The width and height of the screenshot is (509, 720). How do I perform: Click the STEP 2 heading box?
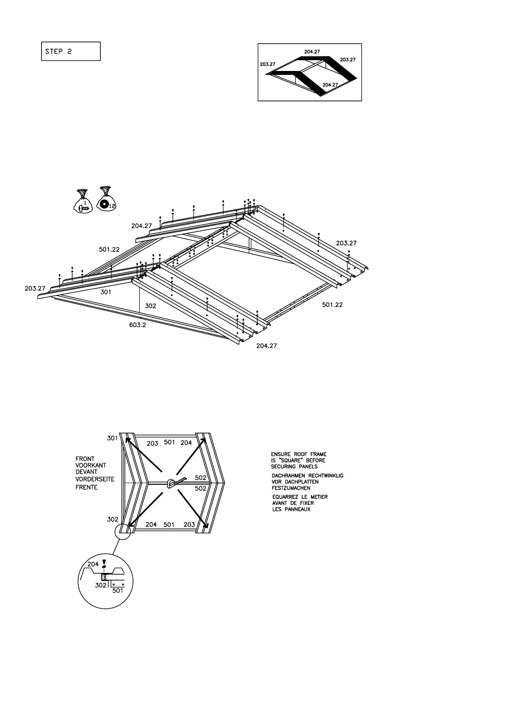(71, 51)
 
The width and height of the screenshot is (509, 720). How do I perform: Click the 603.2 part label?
(138, 325)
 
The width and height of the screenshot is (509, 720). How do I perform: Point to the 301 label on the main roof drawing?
(106, 292)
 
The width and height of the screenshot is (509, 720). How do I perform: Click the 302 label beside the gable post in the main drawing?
(150, 306)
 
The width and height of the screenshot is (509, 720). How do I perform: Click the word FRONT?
(85, 459)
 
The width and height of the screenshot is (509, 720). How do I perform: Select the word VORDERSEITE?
(95, 479)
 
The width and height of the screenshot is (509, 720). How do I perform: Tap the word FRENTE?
(86, 487)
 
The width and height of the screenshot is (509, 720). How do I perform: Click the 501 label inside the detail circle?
(118, 590)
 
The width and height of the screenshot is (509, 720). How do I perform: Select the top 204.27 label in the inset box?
(312, 51)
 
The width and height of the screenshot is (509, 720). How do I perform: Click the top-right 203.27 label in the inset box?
(347, 60)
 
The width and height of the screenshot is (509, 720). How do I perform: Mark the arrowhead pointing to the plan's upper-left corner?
(127, 439)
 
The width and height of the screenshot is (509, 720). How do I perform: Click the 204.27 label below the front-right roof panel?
(266, 346)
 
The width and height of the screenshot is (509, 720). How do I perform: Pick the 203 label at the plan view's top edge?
(153, 443)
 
